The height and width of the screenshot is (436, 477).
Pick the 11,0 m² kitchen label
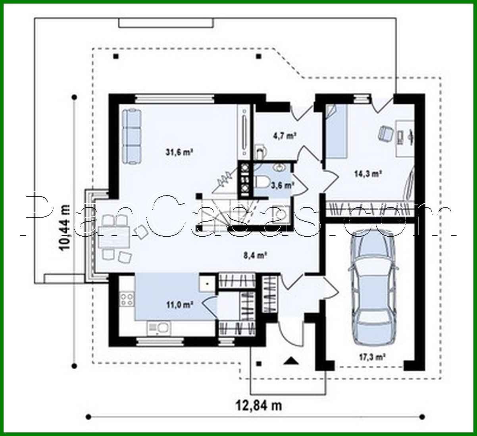pos(180,305)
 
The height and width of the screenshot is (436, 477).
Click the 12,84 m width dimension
pos(259,405)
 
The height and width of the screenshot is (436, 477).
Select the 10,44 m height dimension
pos(65,227)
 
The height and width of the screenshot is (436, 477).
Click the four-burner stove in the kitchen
pos(127,299)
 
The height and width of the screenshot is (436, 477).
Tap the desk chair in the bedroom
pos(385,133)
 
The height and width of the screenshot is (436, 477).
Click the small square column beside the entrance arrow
pos(259,363)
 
